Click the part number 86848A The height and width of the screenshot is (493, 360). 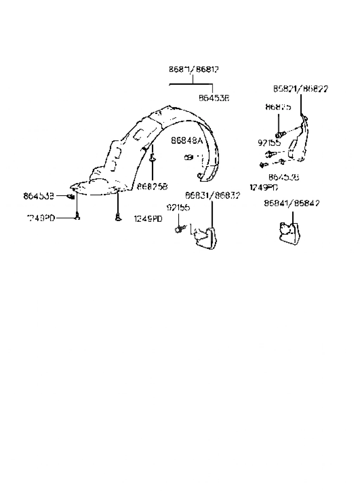(x=187, y=141)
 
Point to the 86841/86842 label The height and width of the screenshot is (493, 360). (x=292, y=203)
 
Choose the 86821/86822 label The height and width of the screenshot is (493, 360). (x=301, y=89)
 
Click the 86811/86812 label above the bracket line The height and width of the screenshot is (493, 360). (x=194, y=69)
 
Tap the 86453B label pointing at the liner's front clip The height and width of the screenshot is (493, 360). (x=39, y=196)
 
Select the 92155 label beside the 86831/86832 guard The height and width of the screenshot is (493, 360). (x=178, y=208)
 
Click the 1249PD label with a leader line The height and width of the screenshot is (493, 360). (x=41, y=218)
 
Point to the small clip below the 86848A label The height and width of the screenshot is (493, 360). (x=188, y=157)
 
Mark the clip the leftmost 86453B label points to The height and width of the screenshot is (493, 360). (x=71, y=196)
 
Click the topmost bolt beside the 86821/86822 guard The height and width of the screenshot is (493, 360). (x=279, y=134)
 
